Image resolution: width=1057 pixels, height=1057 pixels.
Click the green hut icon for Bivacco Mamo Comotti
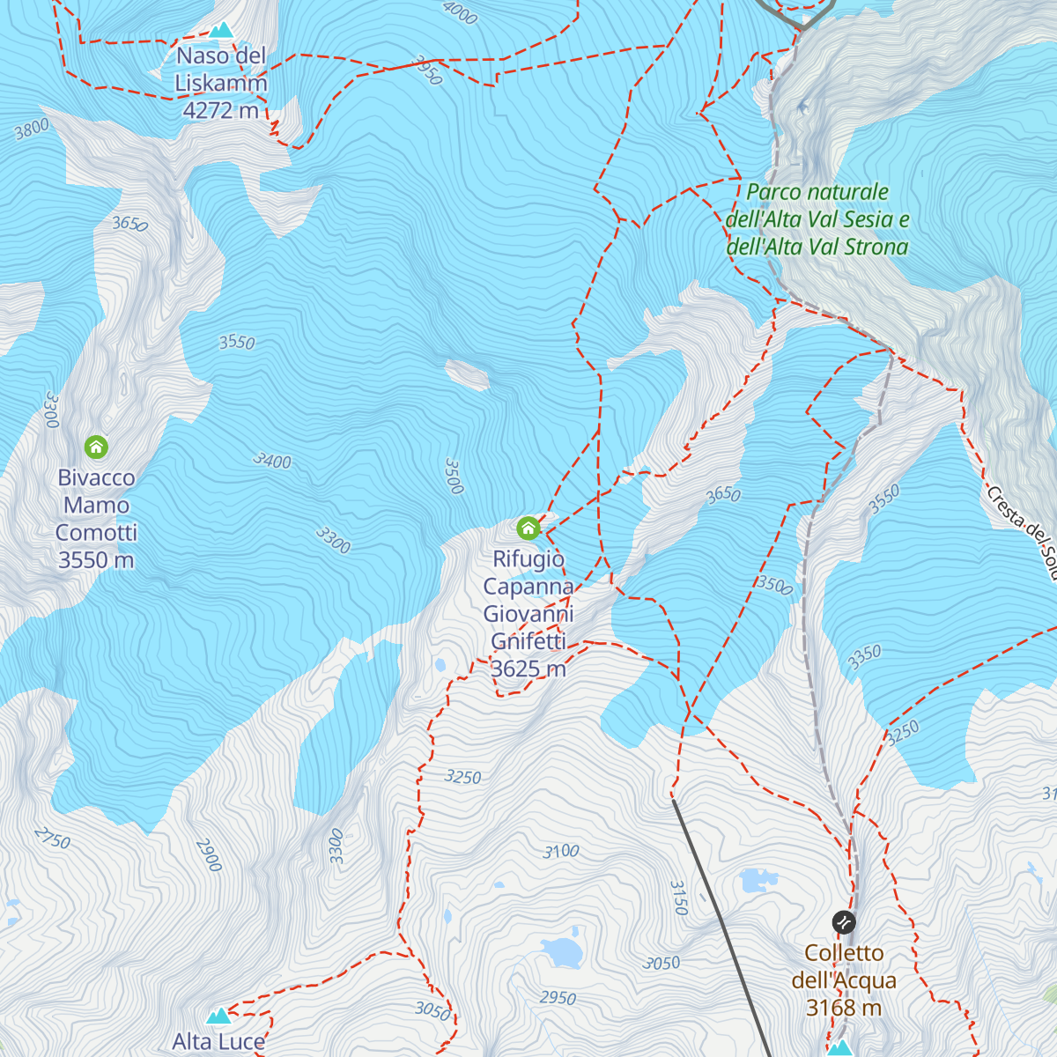(x=96, y=447)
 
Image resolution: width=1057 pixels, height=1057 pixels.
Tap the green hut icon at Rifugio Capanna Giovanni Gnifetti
(x=528, y=528)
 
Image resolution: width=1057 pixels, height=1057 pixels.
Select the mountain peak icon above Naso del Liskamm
(x=220, y=30)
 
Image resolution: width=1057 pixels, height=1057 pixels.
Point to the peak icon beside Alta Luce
(x=218, y=1016)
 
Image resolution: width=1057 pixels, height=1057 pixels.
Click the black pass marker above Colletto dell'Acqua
(x=843, y=922)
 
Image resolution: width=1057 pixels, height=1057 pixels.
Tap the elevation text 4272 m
(x=220, y=110)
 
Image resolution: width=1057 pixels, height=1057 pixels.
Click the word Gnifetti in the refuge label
(x=528, y=641)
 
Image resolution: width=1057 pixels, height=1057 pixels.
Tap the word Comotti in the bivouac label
(x=96, y=532)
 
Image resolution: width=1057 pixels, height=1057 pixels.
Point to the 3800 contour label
(x=33, y=129)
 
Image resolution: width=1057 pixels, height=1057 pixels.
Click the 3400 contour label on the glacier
(x=272, y=460)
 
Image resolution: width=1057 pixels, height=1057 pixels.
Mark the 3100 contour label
(x=561, y=851)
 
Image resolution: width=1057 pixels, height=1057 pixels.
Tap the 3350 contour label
(x=864, y=656)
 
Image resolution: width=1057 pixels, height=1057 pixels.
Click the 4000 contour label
(x=459, y=11)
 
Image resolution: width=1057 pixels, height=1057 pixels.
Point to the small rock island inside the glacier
(x=468, y=374)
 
